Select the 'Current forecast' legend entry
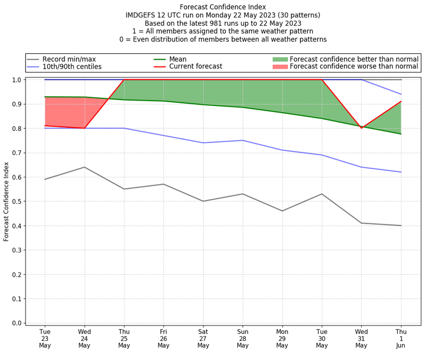[195, 67]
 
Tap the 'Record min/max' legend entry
[68, 59]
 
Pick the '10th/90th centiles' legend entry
[72, 67]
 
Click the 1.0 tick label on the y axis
[17, 80]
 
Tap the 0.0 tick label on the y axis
[17, 323]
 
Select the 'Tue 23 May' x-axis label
[45, 339]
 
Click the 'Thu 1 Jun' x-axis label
[401, 339]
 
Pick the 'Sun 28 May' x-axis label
[243, 339]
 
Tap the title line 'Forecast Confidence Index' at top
[223, 7]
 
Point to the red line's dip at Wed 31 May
[362, 128]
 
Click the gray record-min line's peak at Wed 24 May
[84, 167]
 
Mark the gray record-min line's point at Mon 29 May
[282, 211]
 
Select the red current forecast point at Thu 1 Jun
[401, 101]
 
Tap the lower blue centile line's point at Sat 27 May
[203, 143]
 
